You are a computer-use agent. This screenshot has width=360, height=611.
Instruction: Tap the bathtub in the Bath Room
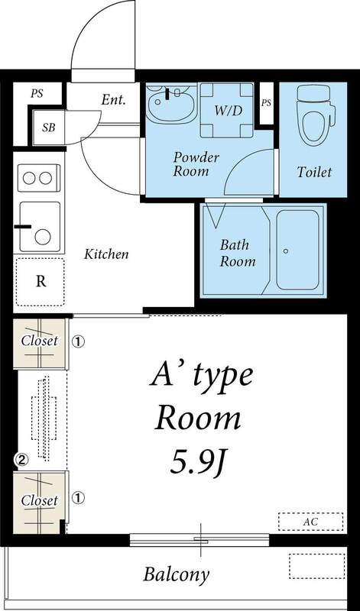[298, 250]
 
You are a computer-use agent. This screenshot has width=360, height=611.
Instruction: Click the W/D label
[228, 110]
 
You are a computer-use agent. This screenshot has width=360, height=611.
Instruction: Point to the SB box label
[48, 127]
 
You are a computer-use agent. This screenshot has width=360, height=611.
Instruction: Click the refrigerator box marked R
[41, 280]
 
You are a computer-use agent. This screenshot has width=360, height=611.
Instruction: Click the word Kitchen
[106, 254]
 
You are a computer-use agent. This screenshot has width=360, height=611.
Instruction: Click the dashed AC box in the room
[310, 522]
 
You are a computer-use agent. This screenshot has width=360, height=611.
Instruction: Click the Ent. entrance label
[113, 99]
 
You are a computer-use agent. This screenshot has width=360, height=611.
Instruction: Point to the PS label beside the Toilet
[266, 102]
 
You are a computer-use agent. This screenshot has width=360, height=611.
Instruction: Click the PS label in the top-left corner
[37, 93]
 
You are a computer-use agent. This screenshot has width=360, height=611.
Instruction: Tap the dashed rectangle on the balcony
[317, 567]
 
